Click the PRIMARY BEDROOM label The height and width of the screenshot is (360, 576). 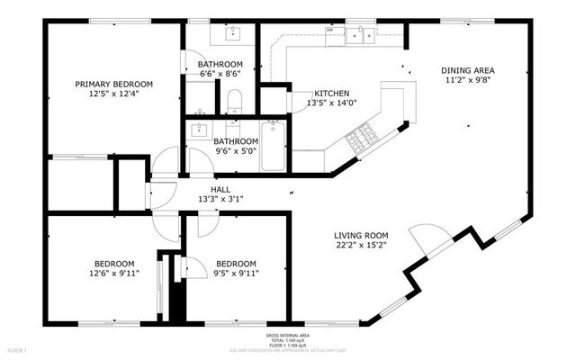pos(113,84)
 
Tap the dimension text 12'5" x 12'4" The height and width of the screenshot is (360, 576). pos(113,94)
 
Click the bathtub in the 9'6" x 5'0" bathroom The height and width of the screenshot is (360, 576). pos(272,147)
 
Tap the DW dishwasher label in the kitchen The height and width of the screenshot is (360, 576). pos(330,30)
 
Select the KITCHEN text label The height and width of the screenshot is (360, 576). pos(331,94)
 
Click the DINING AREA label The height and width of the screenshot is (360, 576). pos(467,70)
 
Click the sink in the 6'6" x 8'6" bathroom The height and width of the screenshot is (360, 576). pos(229,33)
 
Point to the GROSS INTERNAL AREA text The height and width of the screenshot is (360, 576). pos(287,335)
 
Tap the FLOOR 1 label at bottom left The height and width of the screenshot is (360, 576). pos(18,349)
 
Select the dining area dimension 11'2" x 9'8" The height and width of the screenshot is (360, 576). pos(467,80)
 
